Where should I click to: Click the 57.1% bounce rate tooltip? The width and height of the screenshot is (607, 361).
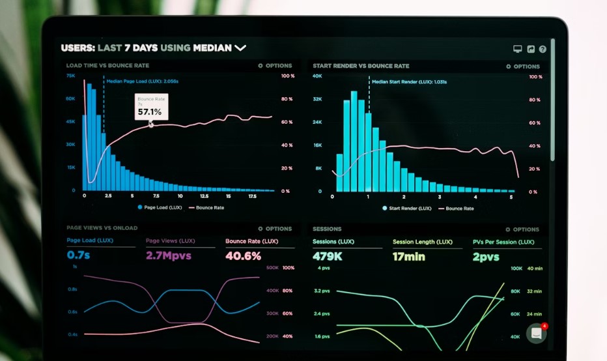[151, 107]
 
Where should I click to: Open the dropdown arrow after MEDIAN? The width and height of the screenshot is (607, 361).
[240, 48]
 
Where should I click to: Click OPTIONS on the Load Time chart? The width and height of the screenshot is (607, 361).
[275, 66]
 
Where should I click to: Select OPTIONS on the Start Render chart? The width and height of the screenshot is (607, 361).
[523, 66]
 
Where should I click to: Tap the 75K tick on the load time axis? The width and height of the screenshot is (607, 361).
[70, 76]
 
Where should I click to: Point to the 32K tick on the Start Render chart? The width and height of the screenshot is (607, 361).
[318, 99]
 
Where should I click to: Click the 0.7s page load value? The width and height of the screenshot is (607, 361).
[79, 255]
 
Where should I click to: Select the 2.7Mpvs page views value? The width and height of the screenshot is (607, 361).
[168, 255]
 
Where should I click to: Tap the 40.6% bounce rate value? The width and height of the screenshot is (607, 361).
[243, 256]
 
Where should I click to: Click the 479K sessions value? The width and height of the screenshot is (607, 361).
[328, 257]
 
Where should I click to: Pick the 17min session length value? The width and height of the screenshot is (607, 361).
[408, 257]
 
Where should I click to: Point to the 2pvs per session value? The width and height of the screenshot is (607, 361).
[486, 257]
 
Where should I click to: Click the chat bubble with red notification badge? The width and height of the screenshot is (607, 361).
[536, 333]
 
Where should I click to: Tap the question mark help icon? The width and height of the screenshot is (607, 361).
[543, 49]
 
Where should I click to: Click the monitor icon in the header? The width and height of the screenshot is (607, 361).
[518, 49]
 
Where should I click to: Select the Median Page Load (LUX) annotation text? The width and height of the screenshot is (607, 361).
[142, 81]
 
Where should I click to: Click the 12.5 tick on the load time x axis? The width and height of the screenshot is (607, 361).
[204, 195]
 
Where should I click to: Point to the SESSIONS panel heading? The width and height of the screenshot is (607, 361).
[327, 229]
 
